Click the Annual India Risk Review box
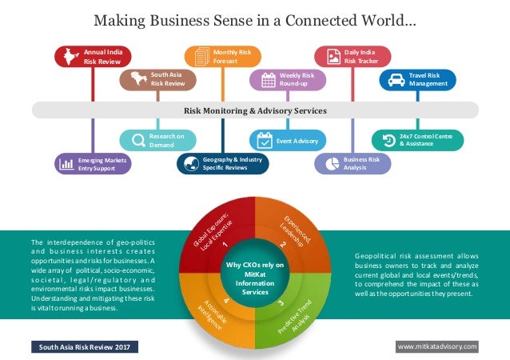[x=93, y=56]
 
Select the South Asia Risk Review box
[x=157, y=78]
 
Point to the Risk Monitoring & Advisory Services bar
[x=255, y=110]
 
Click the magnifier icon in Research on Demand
[x=133, y=141]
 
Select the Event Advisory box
[x=288, y=141]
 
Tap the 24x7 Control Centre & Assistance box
[x=416, y=141]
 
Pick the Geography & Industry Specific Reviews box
[x=222, y=163]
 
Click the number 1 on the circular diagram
[x=226, y=245]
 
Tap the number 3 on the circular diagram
[x=281, y=303]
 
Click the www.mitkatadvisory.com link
[x=436, y=346]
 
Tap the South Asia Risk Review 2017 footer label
[x=85, y=346]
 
